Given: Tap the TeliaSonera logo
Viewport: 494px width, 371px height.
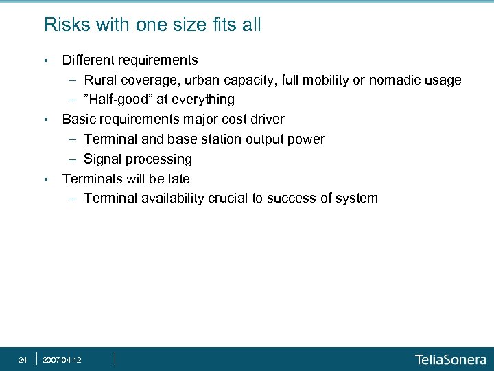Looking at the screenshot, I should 450,359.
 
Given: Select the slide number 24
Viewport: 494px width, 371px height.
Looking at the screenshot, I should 23,360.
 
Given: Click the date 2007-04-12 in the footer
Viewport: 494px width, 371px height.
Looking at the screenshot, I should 62,360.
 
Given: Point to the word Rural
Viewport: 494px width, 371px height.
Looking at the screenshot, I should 101,80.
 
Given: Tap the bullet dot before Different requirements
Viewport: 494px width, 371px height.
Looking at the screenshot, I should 45,60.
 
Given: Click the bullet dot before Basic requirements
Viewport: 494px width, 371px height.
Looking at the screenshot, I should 45,120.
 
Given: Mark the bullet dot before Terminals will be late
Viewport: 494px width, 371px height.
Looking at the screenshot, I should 45,179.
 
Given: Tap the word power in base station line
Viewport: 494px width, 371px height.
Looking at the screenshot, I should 307,139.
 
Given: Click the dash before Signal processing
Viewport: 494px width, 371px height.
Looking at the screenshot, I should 73,159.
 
